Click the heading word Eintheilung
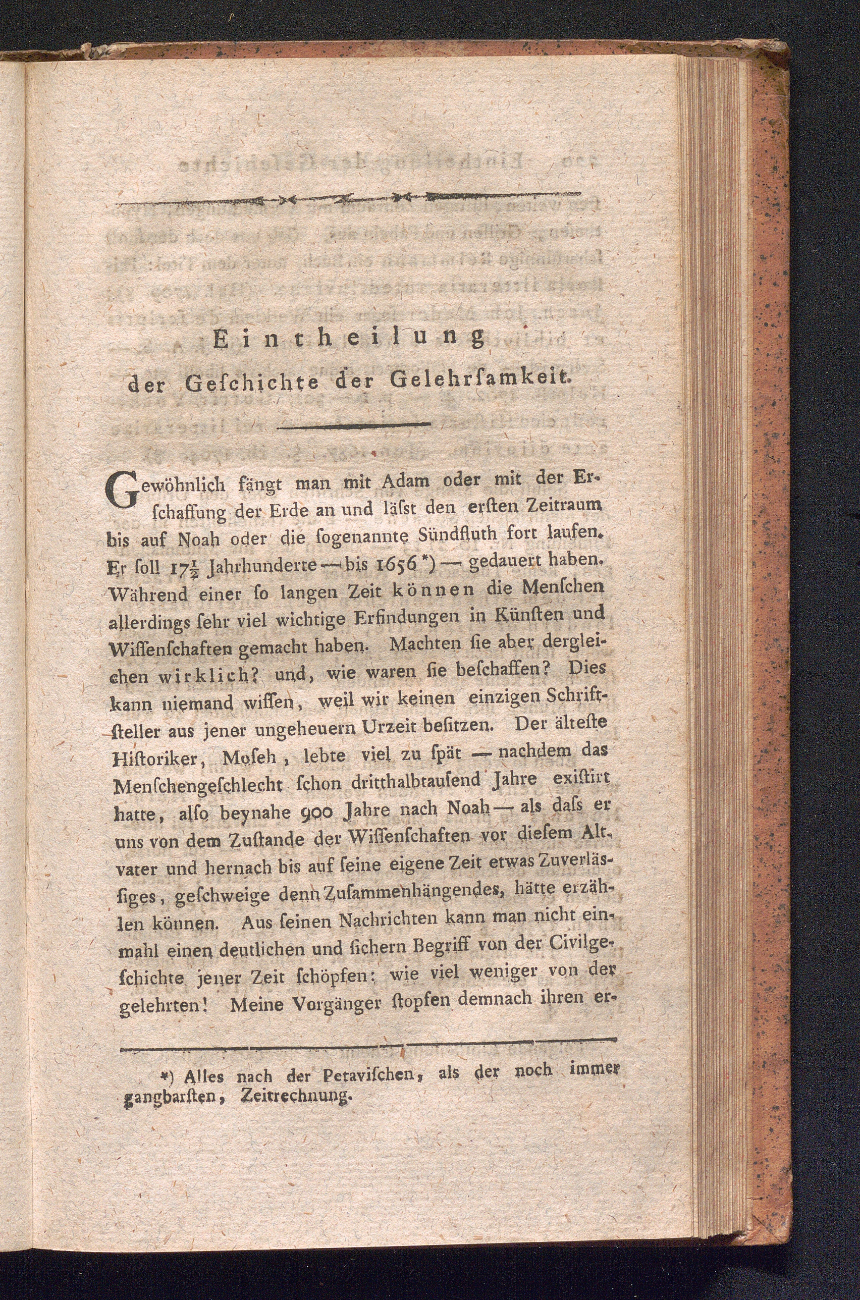click(349, 340)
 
